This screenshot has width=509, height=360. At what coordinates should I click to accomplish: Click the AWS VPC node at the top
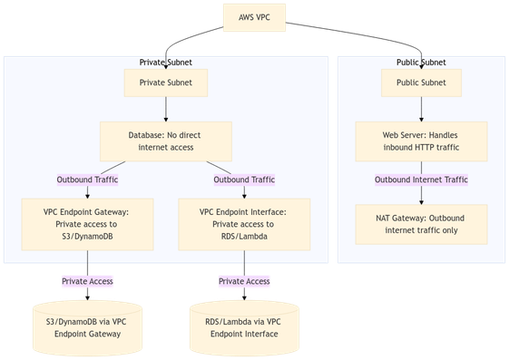pos(254,17)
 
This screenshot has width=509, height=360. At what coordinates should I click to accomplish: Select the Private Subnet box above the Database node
pos(165,83)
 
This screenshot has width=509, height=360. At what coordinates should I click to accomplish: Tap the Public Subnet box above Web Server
pos(421,83)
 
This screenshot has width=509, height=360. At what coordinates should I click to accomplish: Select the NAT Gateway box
pos(421,223)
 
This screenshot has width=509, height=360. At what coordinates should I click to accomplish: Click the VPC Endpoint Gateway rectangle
pos(87,223)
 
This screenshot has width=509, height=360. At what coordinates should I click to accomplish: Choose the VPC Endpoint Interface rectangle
pos(243,223)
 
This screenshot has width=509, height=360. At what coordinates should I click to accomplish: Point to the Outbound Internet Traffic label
pos(421,180)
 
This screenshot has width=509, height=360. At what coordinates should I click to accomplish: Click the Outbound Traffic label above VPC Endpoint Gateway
pos(87,180)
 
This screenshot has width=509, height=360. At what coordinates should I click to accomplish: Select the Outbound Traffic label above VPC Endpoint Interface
pos(243,180)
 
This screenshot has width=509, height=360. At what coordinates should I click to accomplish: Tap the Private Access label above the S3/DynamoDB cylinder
pos(87,281)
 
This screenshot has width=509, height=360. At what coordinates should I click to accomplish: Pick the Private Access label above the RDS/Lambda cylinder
pos(243,281)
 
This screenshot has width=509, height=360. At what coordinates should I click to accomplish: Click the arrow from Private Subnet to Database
pos(165,109)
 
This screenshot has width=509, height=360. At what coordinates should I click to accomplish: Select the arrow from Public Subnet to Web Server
pos(421,109)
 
